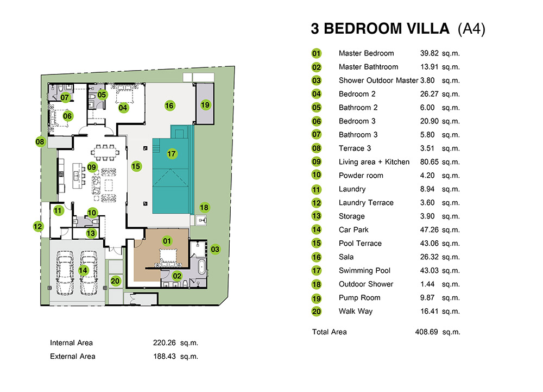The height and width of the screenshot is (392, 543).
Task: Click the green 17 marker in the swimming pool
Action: coord(172,153)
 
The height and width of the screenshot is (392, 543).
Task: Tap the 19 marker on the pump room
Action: coord(205,105)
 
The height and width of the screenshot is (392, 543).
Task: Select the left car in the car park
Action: coord(65,273)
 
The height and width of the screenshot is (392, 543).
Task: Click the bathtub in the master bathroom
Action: coord(201,267)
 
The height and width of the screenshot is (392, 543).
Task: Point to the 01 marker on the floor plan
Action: coord(167,241)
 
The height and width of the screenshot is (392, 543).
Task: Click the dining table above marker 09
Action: coord(105,152)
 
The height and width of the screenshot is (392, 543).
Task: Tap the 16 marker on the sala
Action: coord(169,105)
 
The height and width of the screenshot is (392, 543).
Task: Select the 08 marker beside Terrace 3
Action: coord(40,141)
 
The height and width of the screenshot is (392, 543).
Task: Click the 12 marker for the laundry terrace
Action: coord(38,226)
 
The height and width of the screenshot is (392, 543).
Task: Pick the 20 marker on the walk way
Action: coord(115,281)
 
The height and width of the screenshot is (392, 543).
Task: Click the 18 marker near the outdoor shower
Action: coord(204,207)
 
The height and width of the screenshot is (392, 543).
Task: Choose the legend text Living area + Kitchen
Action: coord(374,162)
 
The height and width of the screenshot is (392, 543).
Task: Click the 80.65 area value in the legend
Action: coord(430,162)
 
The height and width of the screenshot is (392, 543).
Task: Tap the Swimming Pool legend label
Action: coord(364,270)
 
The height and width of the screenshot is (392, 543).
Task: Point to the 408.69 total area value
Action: coord(426,332)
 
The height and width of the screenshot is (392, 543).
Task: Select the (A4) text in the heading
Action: coord(471,29)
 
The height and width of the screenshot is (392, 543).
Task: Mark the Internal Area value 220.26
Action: coord(165,343)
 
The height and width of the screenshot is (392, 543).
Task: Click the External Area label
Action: coord(73,356)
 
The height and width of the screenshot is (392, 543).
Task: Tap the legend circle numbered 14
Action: coord(317,229)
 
